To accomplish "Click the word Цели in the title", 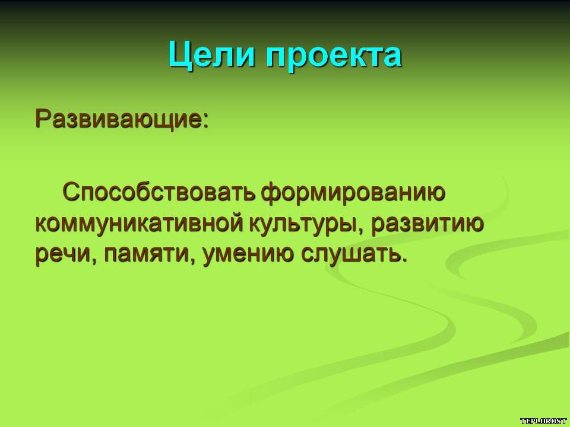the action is click(211, 56).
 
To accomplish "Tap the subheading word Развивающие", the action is click(118, 119).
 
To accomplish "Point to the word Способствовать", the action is click(159, 192).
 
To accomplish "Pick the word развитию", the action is click(427, 224).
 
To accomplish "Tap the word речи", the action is click(62, 254).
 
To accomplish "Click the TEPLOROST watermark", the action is click(543, 421).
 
